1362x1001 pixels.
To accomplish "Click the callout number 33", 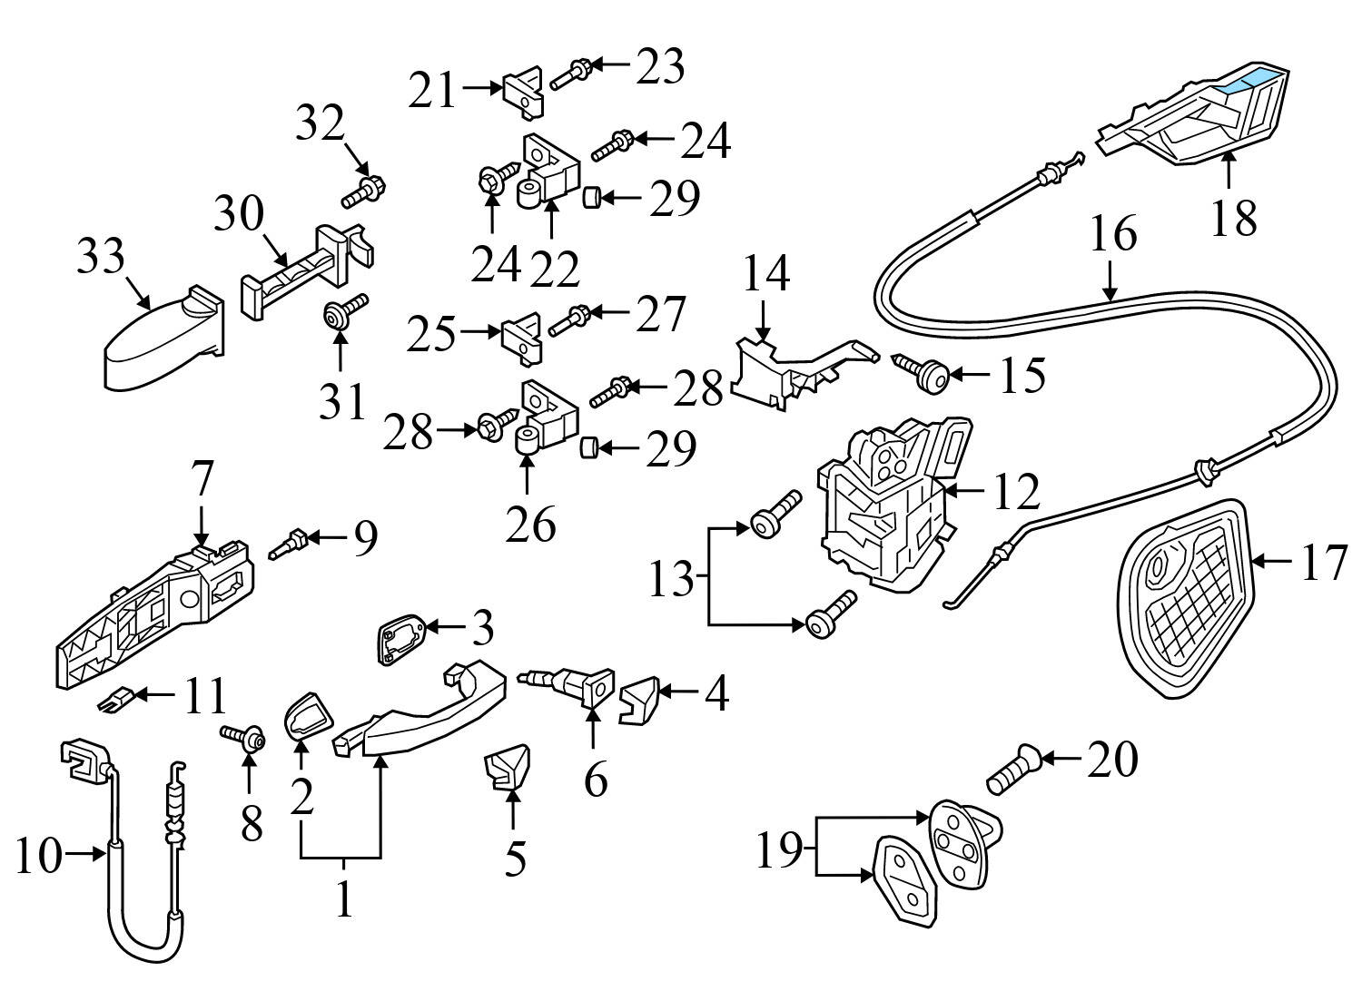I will click(100, 258).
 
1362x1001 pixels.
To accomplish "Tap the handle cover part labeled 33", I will click(154, 340).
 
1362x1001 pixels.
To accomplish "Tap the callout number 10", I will click(38, 855).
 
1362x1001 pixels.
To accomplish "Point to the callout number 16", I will click(1113, 234).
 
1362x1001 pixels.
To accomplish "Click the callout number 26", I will click(531, 524).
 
